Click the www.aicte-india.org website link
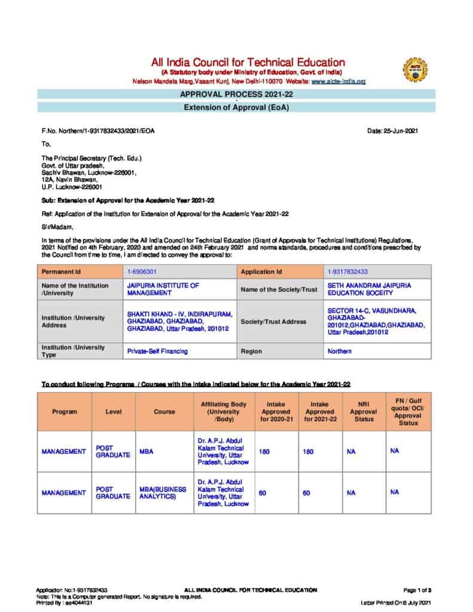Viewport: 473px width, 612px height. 338,81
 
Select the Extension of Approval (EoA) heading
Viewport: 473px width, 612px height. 239,108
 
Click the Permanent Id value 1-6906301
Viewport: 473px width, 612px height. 142,271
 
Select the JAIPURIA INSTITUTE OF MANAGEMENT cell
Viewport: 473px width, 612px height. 163,289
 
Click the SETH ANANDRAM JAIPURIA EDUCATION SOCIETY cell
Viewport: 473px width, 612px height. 369,289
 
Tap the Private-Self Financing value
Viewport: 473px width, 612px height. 157,351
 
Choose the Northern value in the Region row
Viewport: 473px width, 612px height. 340,351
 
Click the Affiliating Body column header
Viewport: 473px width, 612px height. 224,412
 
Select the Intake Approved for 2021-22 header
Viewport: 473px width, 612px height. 320,412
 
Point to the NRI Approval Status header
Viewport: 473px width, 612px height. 363,412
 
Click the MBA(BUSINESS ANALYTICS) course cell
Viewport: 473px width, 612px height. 163,492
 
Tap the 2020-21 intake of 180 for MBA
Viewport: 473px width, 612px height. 264,452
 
